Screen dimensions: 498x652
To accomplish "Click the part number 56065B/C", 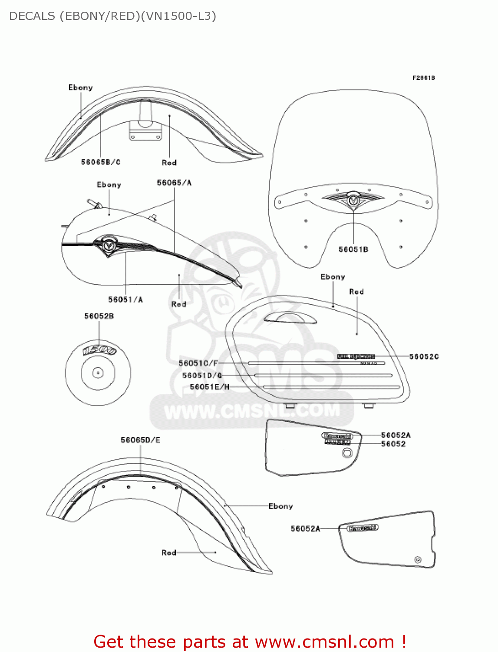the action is [101, 162].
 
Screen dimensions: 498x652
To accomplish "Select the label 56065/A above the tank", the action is [174, 183].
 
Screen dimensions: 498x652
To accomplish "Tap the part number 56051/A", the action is [125, 299].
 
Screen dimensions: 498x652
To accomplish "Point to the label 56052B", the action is [99, 316].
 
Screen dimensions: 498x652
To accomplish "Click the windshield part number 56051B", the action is [353, 249].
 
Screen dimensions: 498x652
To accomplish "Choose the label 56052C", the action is [424, 356].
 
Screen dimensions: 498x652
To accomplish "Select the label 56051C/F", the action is [198, 363].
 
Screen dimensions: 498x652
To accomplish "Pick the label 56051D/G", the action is [202, 376].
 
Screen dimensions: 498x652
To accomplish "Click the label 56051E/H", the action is [209, 387].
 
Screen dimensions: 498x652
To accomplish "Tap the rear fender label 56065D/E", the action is [140, 440].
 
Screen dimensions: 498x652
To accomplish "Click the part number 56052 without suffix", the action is [393, 444].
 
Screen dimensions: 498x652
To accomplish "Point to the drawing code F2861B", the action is [423, 78].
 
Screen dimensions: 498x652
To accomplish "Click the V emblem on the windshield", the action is [353, 200].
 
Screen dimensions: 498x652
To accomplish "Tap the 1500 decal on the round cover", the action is [99, 349].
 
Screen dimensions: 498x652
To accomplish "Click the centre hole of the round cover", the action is [98, 373].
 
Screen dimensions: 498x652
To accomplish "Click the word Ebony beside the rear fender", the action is [280, 506].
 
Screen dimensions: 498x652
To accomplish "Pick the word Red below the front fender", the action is [169, 163].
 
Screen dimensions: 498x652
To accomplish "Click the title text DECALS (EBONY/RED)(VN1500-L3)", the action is [112, 16].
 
